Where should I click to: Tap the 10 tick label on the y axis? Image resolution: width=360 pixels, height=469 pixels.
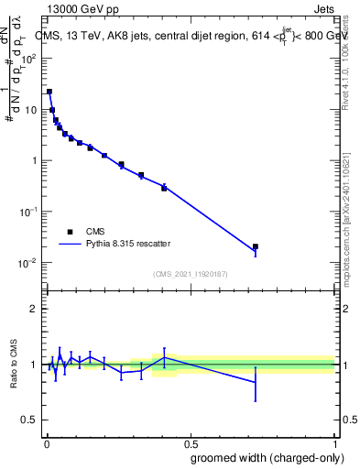click(30, 109)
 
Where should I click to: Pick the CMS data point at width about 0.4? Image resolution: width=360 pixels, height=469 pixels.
click(164, 188)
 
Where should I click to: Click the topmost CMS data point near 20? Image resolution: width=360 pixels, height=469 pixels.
click(49, 92)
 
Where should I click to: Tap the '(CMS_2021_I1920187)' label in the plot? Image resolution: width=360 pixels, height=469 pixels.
click(190, 273)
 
